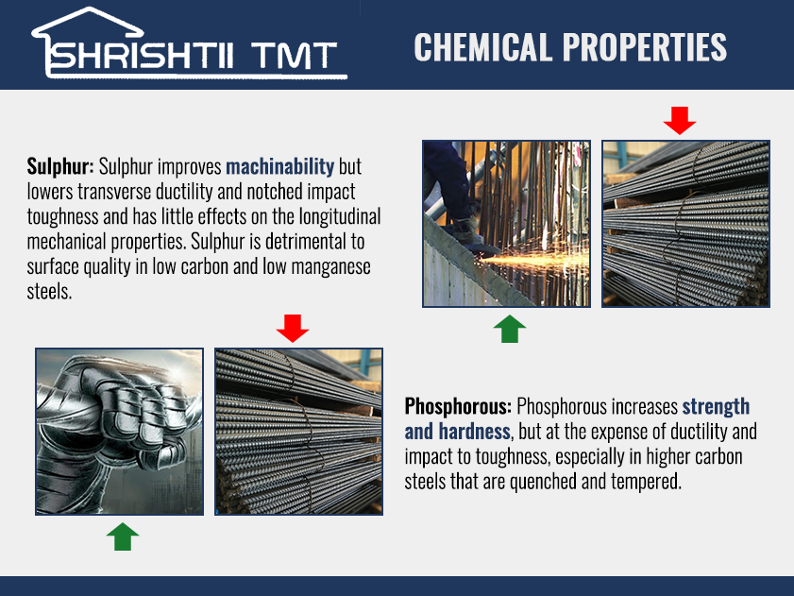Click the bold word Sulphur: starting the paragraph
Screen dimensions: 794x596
60,167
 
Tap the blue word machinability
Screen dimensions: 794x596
280,167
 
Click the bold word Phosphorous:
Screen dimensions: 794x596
458,406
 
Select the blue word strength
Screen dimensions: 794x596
716,406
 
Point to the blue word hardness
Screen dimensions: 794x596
474,432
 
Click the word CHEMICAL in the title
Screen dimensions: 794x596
482,47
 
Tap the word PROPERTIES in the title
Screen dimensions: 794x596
645,47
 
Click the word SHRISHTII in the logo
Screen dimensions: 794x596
142,55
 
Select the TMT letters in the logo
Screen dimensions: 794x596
294,55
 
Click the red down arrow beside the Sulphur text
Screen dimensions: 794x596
680,121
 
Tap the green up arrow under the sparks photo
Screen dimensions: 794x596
510,329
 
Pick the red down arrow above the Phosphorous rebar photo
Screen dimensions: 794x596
292,329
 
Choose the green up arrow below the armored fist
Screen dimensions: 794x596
123,536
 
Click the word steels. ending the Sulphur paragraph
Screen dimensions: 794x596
49,292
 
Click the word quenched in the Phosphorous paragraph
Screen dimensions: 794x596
543,482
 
